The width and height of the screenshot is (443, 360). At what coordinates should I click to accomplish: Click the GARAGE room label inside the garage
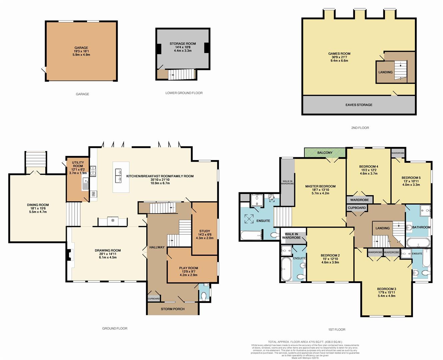click(x=81, y=48)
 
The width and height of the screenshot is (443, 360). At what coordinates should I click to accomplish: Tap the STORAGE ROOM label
click(x=183, y=44)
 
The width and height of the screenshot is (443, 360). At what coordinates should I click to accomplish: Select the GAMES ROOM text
click(x=339, y=54)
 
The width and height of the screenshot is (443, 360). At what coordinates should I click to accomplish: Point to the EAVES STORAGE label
click(x=359, y=105)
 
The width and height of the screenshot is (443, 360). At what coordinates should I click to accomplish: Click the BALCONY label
click(x=325, y=153)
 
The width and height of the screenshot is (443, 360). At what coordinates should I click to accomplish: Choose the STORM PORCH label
click(x=173, y=309)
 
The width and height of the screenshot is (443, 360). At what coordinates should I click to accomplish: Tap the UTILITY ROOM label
click(x=78, y=164)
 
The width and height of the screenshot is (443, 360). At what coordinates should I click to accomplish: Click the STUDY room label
click(x=205, y=231)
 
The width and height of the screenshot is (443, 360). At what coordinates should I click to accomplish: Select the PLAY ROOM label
click(x=189, y=268)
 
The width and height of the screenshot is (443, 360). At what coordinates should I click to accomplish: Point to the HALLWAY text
click(x=157, y=247)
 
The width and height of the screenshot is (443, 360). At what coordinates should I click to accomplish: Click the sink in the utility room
click(x=85, y=184)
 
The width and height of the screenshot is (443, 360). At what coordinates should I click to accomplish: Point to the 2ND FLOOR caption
click(x=360, y=128)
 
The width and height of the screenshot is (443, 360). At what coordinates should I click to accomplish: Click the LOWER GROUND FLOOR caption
click(x=184, y=93)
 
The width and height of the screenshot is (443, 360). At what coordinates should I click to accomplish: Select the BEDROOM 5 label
click(x=411, y=178)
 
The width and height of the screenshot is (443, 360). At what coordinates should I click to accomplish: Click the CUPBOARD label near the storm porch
click(x=153, y=299)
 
